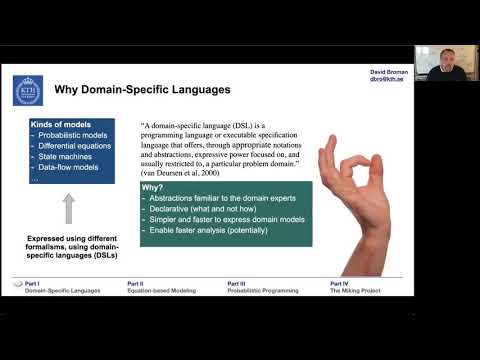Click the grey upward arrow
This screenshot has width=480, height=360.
69,208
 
